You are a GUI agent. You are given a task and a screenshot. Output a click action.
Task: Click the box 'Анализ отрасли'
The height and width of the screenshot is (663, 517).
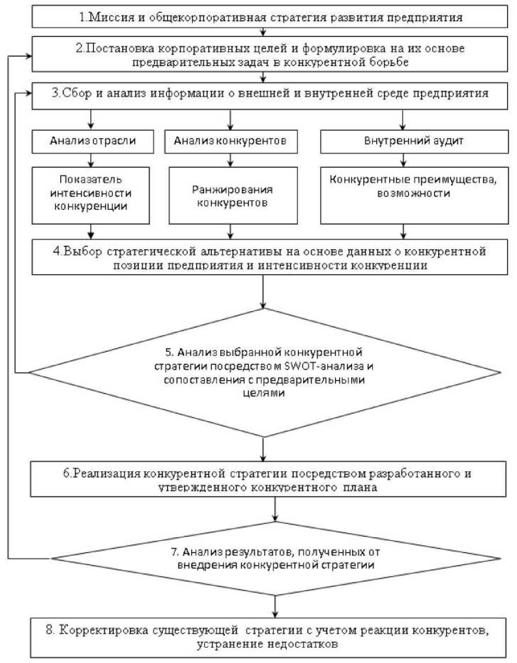click(93, 141)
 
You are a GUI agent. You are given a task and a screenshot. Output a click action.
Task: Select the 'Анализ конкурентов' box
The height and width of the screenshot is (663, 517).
click(230, 141)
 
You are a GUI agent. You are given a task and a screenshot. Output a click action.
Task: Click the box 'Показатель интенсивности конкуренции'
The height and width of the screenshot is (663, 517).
click(91, 194)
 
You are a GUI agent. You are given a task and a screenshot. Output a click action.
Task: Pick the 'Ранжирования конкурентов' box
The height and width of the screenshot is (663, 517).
click(233, 196)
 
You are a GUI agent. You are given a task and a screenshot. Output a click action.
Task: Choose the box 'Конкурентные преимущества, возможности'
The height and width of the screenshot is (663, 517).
click(414, 187)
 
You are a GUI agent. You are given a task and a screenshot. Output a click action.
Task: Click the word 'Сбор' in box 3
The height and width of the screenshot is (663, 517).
click(79, 94)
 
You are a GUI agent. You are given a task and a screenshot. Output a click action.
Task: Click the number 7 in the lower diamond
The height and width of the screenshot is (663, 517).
click(174, 552)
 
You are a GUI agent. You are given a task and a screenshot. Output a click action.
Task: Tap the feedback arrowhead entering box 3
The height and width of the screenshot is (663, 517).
click(28, 93)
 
